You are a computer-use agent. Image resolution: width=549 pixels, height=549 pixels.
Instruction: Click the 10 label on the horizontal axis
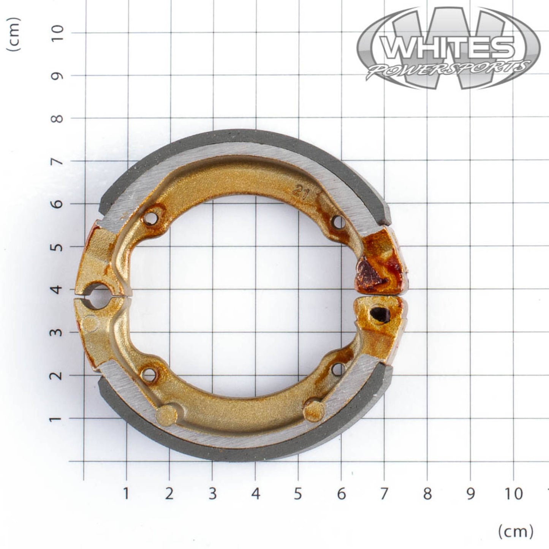[514, 494]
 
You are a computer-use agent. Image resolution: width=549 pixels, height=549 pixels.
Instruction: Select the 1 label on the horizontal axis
[126, 494]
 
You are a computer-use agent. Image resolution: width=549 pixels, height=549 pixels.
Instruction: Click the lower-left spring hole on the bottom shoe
[149, 375]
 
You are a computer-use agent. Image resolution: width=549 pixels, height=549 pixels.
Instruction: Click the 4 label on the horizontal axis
[255, 494]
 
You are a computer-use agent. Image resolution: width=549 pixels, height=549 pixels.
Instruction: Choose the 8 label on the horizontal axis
[427, 494]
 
